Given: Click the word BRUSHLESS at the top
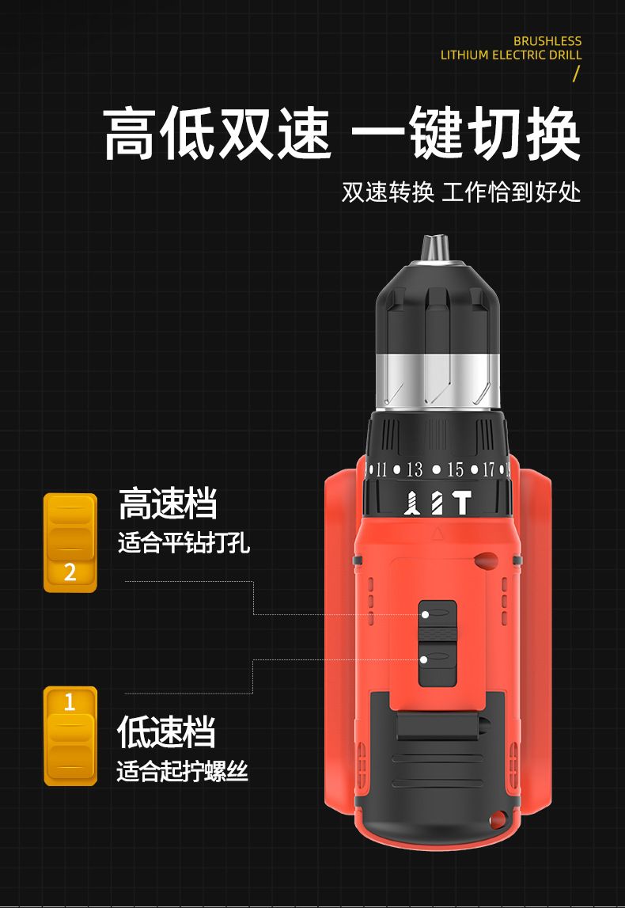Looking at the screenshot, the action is (547, 41).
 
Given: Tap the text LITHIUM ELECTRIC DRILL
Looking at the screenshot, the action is (511, 55).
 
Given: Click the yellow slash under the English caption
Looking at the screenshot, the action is (576, 74).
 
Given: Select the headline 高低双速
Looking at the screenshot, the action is (217, 135).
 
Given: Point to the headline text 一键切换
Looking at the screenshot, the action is (465, 135).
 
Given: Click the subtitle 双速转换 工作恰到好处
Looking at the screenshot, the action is (460, 192).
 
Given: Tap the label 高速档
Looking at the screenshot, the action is (168, 503).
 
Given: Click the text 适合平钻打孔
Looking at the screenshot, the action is (184, 543).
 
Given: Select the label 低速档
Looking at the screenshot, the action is (166, 731).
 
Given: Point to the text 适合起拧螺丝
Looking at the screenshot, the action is (182, 771).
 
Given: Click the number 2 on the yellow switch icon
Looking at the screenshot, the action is (70, 572).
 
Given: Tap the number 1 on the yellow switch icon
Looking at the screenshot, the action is (70, 702).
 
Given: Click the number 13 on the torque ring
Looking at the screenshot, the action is (415, 469).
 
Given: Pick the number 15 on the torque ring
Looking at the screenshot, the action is (455, 469).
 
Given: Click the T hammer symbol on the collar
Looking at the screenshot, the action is (462, 503).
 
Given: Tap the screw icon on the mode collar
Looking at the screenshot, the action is (412, 503).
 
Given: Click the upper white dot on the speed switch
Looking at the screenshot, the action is (426, 614).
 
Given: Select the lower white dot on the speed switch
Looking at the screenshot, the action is (423, 659).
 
